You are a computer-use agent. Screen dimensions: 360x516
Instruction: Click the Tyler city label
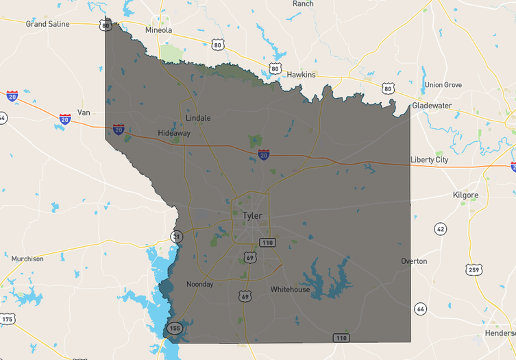click(x=251, y=216)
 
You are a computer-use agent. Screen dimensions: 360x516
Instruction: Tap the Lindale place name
click(x=198, y=118)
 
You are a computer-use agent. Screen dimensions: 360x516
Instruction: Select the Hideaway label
click(x=174, y=133)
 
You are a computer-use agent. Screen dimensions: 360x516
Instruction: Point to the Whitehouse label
click(x=290, y=289)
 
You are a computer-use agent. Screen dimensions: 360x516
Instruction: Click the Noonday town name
click(x=200, y=285)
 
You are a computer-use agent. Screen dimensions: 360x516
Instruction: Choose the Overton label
click(x=414, y=261)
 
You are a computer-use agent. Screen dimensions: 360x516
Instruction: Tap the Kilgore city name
click(x=465, y=195)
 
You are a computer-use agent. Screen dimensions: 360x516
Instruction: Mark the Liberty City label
click(x=429, y=160)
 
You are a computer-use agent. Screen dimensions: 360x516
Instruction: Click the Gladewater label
click(x=432, y=106)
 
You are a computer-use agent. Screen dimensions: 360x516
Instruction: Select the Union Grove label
click(x=443, y=85)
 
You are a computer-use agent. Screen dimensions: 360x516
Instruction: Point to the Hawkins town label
click(x=301, y=75)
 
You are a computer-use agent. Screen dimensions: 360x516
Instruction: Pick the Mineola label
click(x=159, y=30)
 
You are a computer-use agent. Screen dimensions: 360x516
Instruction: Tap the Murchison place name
click(x=27, y=259)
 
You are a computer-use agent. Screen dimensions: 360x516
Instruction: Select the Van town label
click(x=84, y=112)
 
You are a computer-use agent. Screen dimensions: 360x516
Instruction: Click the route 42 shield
click(x=440, y=229)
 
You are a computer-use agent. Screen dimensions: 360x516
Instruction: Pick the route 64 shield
click(x=421, y=309)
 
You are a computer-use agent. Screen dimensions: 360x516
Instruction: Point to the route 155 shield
click(x=174, y=328)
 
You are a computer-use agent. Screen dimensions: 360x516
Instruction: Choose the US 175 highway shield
click(x=8, y=320)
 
